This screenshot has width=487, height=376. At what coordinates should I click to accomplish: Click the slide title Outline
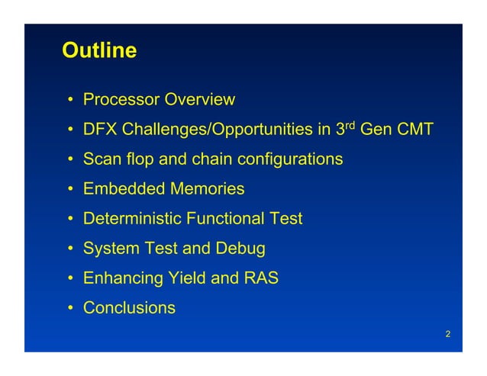pyautogui.click(x=99, y=51)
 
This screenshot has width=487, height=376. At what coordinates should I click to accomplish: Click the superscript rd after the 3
pyautogui.click(x=350, y=125)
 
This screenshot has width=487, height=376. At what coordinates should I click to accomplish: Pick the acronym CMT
pyautogui.click(x=414, y=130)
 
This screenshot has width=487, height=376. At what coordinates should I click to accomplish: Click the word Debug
pyautogui.click(x=240, y=249)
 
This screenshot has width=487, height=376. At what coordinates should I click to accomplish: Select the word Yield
pyautogui.click(x=186, y=278)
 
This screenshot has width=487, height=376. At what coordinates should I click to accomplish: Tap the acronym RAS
pyautogui.click(x=261, y=278)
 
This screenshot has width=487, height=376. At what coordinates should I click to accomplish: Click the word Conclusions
pyautogui.click(x=129, y=308)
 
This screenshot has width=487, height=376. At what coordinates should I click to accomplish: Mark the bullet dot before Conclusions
pyautogui.click(x=69, y=309)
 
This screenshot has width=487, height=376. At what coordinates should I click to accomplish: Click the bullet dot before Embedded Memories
pyautogui.click(x=69, y=190)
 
